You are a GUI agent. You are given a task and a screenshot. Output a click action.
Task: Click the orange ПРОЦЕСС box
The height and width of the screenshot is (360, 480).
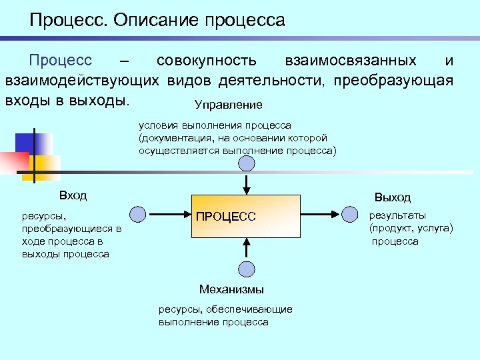pyautogui.click(x=247, y=216)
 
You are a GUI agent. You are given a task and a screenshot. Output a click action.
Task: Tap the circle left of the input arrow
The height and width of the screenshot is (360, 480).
pyautogui.click(x=137, y=214)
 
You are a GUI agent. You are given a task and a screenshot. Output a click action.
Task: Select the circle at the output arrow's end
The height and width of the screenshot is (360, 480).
pyautogui.click(x=350, y=214)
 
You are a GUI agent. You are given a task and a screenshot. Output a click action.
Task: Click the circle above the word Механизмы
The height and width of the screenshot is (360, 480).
pyautogui.click(x=247, y=269)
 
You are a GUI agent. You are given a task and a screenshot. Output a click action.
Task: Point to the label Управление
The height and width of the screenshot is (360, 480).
pyautogui.click(x=228, y=105)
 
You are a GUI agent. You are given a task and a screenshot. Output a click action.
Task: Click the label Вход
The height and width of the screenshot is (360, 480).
pyautogui.click(x=73, y=195)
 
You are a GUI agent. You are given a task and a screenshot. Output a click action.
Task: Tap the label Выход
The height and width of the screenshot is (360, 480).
pyautogui.click(x=393, y=197)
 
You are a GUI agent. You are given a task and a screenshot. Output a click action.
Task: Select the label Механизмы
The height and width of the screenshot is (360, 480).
pyautogui.click(x=231, y=289)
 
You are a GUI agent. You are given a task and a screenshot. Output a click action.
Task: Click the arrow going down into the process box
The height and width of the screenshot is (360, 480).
pyautogui.click(x=247, y=177)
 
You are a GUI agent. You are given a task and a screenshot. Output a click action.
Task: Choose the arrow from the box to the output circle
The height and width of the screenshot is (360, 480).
pyautogui.click(x=322, y=214)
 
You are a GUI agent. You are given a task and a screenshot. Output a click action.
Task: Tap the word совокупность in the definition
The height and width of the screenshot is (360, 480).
pyautogui.click(x=206, y=61)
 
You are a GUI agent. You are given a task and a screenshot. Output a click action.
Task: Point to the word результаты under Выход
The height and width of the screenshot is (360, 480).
pyautogui.click(x=398, y=215)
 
